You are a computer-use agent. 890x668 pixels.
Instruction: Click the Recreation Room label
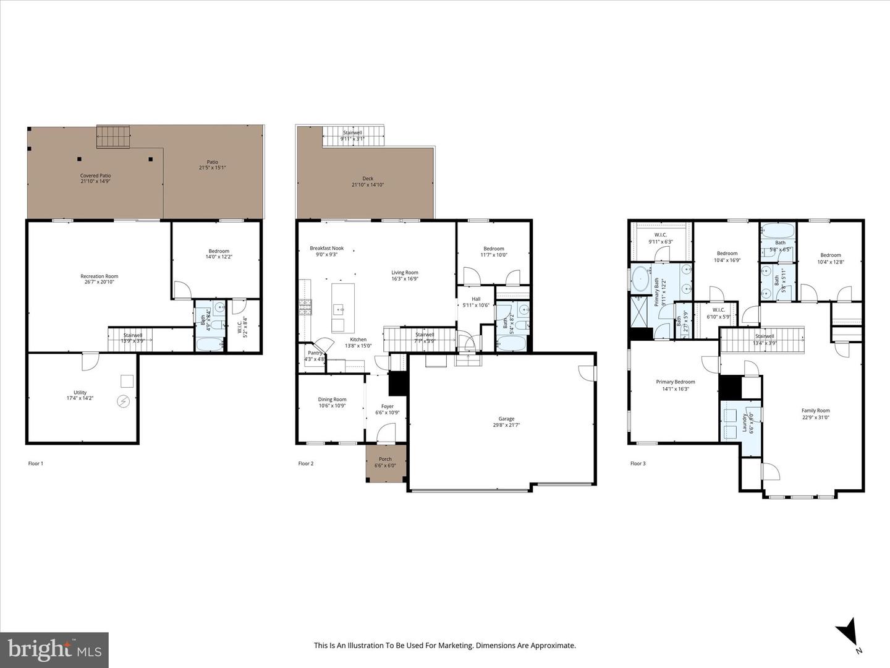99,276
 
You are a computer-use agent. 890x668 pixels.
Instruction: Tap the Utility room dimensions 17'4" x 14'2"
80,399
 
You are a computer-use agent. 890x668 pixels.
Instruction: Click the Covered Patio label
95,176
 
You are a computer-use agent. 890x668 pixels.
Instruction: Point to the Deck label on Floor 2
368,178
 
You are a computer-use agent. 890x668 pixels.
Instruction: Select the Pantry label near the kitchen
315,353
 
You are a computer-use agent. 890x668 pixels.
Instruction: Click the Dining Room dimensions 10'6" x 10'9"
332,406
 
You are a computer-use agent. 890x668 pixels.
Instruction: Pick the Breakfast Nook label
326,248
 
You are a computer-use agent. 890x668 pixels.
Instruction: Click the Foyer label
387,406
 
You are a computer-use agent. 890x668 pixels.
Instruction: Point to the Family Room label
815,411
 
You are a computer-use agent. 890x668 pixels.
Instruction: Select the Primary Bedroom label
675,382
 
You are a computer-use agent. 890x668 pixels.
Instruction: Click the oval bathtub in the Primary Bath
640,278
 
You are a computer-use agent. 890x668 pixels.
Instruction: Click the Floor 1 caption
36,463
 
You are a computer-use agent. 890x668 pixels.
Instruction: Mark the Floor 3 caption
638,463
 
